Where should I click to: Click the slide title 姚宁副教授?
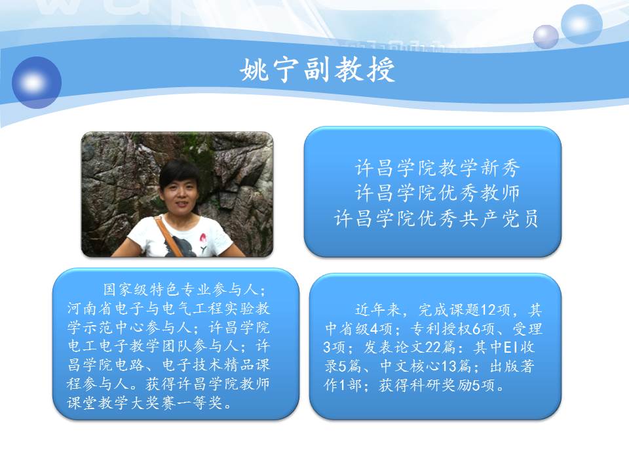point(317,69)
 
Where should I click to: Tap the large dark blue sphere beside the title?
point(37,83)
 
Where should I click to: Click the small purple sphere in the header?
point(546,37)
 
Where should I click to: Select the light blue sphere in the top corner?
point(581,24)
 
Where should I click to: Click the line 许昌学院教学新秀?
point(437,168)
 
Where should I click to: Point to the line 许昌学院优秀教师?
point(437,193)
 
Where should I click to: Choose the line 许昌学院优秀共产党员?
point(436,219)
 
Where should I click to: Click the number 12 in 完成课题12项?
point(489,310)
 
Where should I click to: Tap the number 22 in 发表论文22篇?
point(432,347)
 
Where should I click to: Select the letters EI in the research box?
point(510,347)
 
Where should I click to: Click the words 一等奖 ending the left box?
point(200,403)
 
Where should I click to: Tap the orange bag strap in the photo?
point(168,236)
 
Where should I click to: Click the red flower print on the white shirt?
point(203,241)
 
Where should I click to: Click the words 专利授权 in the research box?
point(441,328)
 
